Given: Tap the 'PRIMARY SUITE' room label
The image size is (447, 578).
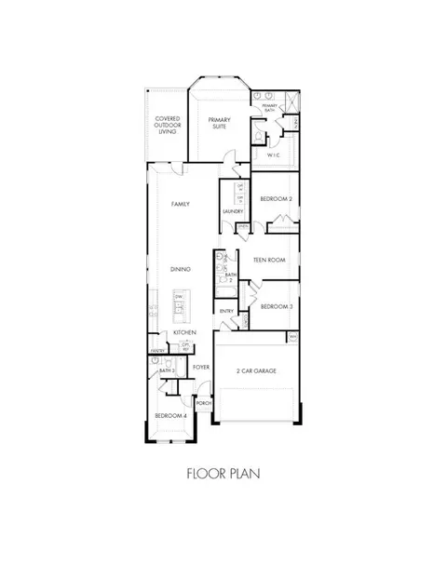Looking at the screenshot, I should [220, 124].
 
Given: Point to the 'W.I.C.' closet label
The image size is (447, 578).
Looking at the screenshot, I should [274, 155].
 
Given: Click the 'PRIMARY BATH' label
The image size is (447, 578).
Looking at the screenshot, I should [270, 108].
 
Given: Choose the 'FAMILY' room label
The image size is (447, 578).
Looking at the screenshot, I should [181, 203].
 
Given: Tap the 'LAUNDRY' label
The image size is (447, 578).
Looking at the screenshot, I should [233, 211].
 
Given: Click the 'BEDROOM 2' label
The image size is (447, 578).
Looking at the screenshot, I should [277, 199].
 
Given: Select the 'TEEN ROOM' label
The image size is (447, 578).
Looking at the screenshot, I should [269, 262].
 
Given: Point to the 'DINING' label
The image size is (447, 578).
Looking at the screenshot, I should [181, 269].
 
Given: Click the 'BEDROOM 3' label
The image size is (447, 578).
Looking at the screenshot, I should [277, 306].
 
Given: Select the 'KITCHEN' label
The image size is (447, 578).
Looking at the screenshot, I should [182, 332].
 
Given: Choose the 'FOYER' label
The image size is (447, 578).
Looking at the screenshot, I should [200, 367].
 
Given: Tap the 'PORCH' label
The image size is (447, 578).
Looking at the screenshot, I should [204, 402].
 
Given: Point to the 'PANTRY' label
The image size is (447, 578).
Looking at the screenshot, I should [157, 351].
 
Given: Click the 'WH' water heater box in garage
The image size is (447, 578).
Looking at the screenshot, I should [292, 336].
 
